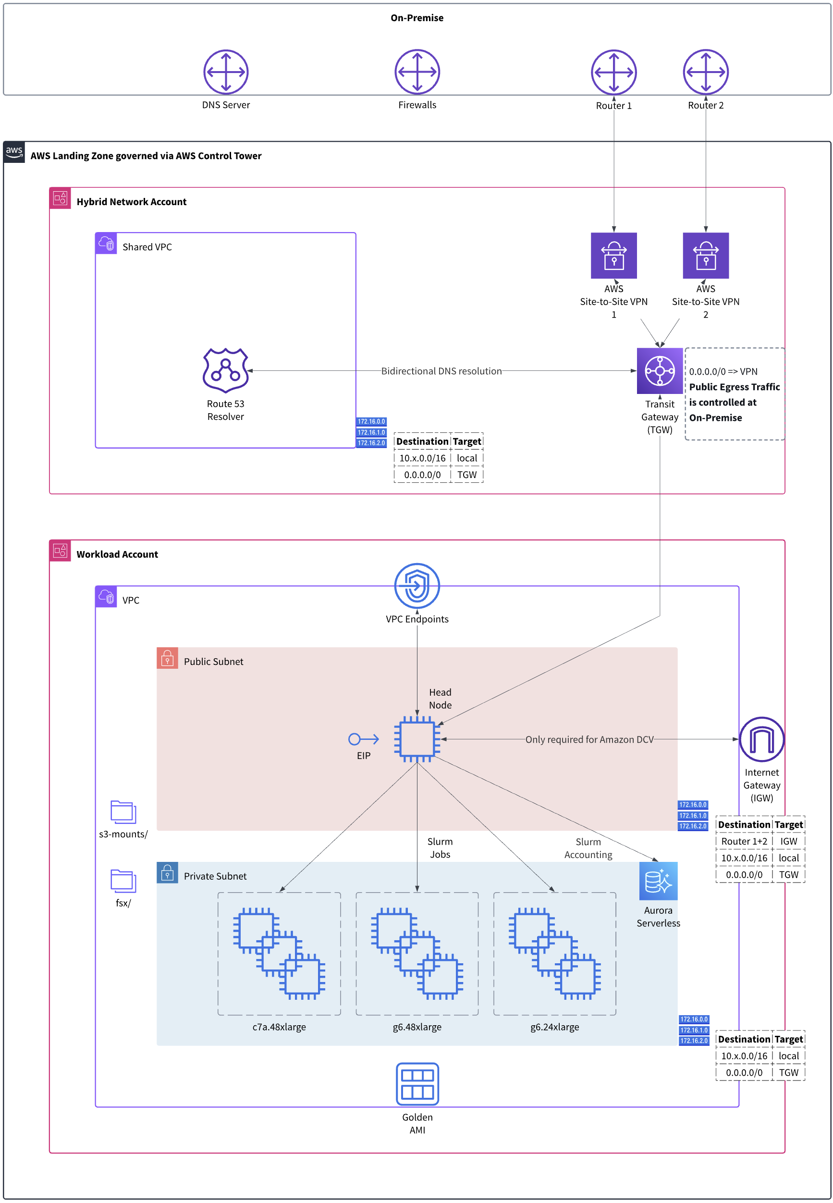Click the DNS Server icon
coord(225,72)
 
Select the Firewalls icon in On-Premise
coord(417,72)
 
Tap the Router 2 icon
coord(706,72)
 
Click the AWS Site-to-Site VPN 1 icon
coord(614,255)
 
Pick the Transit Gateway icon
coord(660,370)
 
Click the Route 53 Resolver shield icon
coord(225,370)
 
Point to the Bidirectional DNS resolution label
coord(441,370)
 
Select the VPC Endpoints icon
coord(417,586)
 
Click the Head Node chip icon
coord(417,739)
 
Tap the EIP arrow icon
coord(363,739)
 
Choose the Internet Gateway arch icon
coord(761,739)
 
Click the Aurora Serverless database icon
coord(658,881)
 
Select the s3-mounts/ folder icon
coord(123,812)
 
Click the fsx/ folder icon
coord(123,881)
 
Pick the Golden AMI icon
coord(417,1084)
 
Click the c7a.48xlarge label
coord(279,1027)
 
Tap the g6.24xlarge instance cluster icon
coord(554,953)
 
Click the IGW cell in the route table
coord(788,841)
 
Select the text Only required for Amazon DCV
coord(589,739)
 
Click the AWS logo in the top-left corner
coord(14,152)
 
